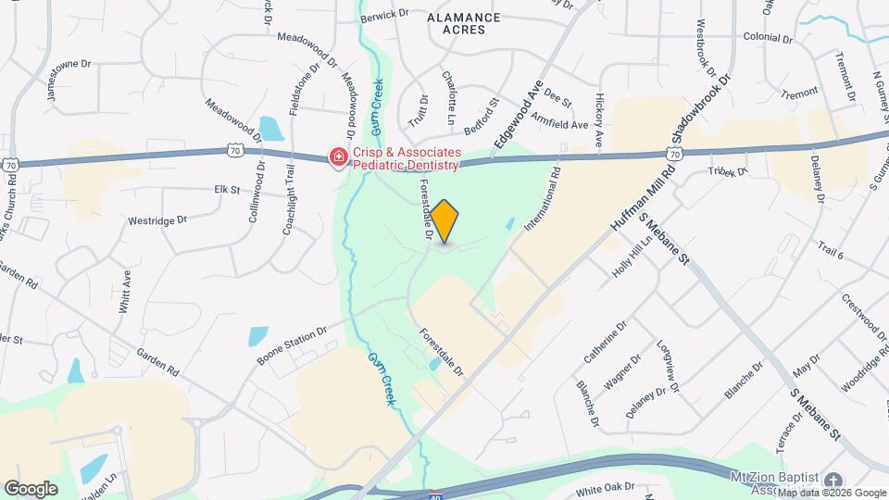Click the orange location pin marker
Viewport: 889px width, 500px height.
(x=444, y=221)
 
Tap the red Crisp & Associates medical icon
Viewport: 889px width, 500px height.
(x=339, y=158)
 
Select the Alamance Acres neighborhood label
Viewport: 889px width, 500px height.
(x=464, y=23)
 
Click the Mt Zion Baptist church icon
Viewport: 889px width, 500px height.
(x=833, y=480)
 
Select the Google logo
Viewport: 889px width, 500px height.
(x=31, y=488)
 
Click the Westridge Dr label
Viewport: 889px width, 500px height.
(x=157, y=221)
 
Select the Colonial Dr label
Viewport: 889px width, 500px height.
(x=768, y=39)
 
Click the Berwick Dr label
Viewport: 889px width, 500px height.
(x=385, y=14)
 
